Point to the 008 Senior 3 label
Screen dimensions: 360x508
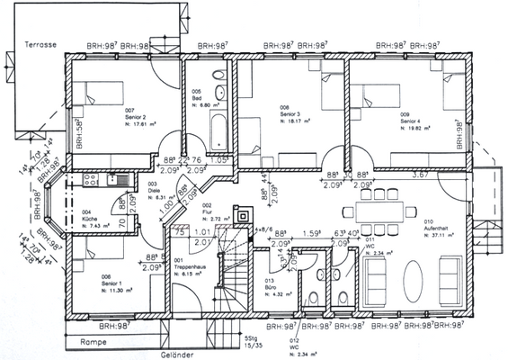click(x=290, y=115)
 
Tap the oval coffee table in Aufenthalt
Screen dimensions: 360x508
click(x=414, y=273)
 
